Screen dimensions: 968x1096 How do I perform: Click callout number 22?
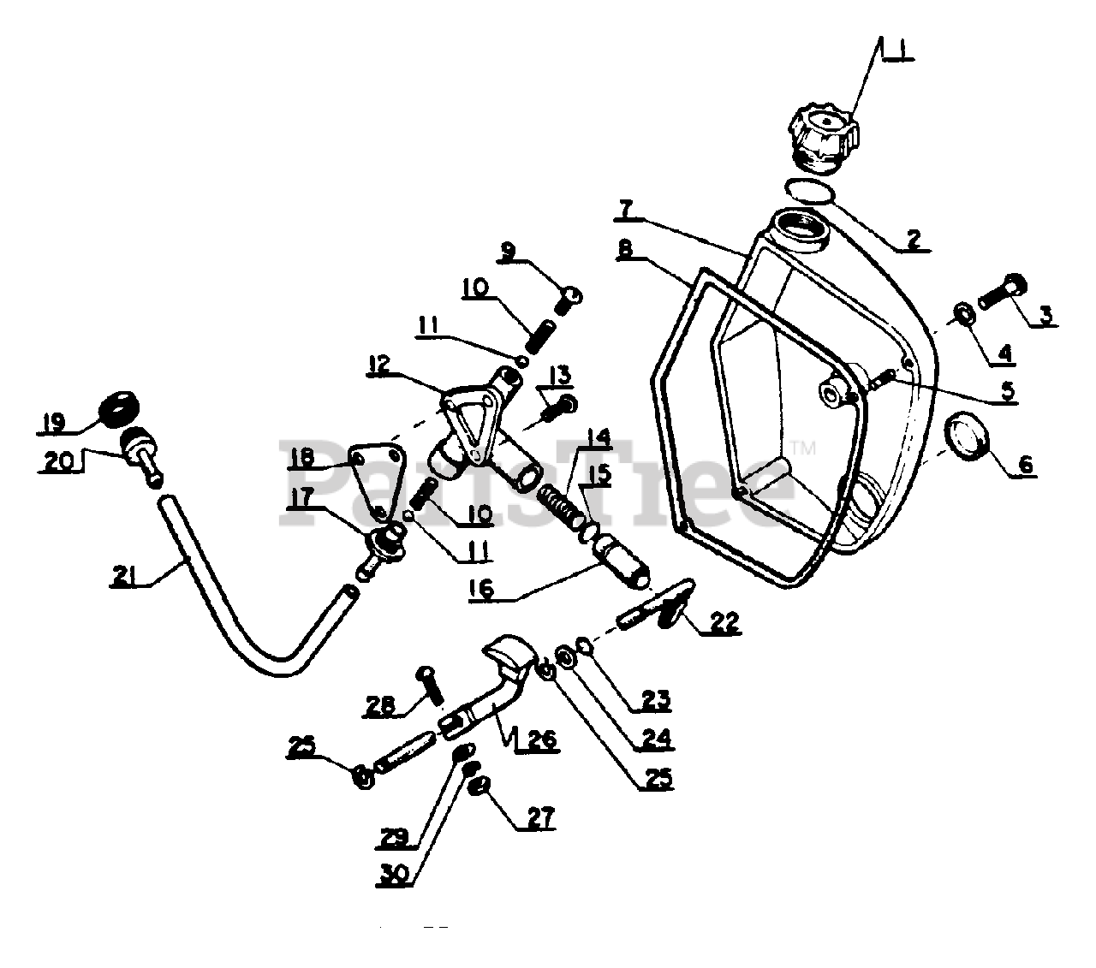tap(723, 623)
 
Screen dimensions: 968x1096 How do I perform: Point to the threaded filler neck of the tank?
tap(803, 229)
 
